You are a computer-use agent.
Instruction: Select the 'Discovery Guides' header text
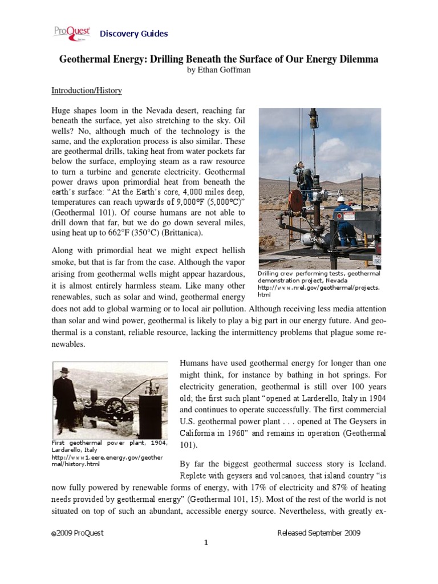point(133,34)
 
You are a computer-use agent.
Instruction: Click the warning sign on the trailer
point(376,259)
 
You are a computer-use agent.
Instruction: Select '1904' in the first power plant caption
point(156,443)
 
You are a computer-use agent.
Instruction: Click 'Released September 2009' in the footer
point(318,533)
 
